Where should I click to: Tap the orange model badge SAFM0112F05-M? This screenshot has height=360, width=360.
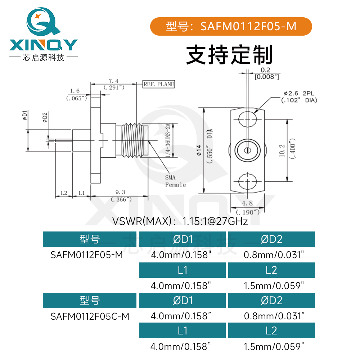tap(230, 26)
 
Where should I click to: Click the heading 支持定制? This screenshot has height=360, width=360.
tap(229, 54)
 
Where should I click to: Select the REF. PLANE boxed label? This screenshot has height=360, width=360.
tap(159, 84)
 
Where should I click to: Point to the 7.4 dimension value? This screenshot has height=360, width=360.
tap(113, 81)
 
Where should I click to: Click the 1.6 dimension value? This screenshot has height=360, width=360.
tap(75, 91)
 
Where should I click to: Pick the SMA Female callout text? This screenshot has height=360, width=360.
tap(175, 181)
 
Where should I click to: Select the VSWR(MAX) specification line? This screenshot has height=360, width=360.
tap(180, 221)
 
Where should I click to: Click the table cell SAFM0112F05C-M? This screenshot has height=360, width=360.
tap(90, 316)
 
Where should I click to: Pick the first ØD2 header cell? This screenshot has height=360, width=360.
tap(271, 239)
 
